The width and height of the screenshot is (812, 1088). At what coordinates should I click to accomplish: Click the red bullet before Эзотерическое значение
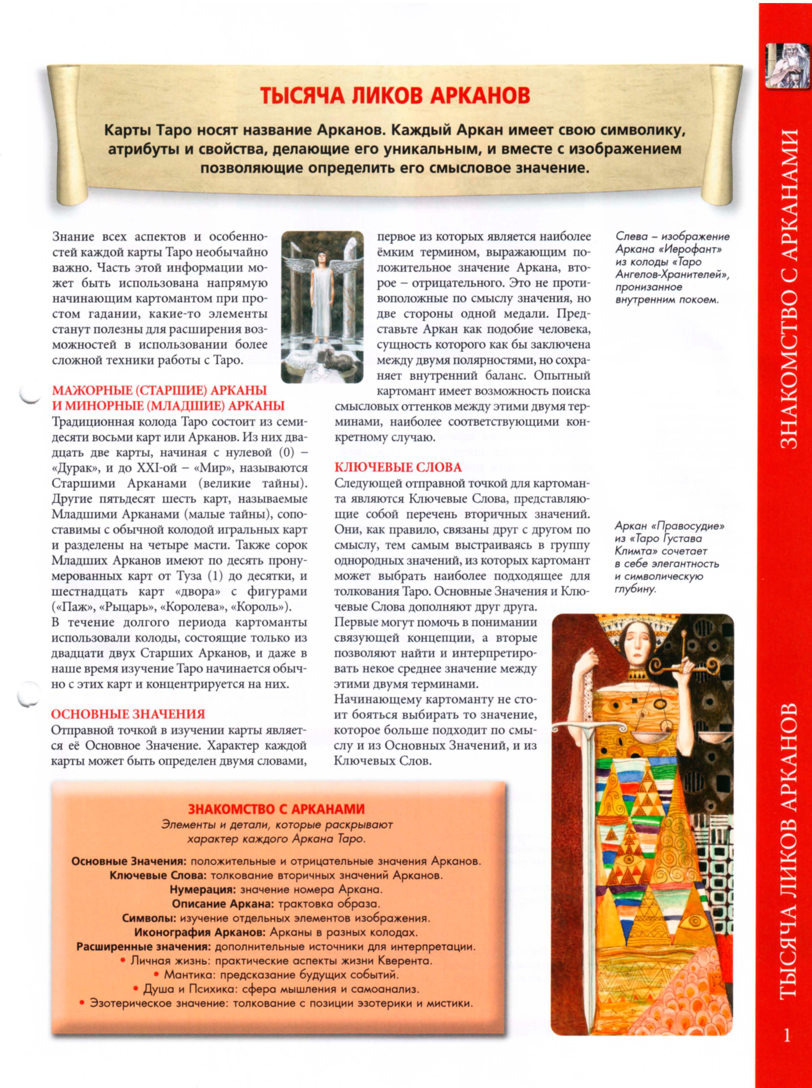[82, 1003]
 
